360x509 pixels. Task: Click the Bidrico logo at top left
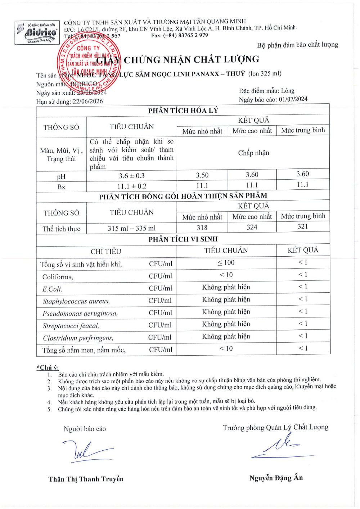[37, 32]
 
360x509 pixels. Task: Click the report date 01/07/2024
[293, 99]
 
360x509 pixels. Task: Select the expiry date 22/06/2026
[87, 102]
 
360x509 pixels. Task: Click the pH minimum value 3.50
[202, 175]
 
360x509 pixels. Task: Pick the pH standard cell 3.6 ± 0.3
[131, 176]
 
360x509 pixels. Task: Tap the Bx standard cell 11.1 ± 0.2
[131, 186]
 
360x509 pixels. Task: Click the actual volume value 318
[202, 228]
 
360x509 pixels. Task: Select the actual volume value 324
[252, 227]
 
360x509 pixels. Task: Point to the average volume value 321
[303, 226]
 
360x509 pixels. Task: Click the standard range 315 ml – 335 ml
[131, 228]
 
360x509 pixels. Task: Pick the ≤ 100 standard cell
[226, 263]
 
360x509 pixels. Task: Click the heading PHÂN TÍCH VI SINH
[183, 239]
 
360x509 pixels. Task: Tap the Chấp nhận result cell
[253, 153]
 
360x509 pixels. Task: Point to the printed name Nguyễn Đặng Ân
[276, 478]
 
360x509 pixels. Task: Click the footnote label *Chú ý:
[48, 368]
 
